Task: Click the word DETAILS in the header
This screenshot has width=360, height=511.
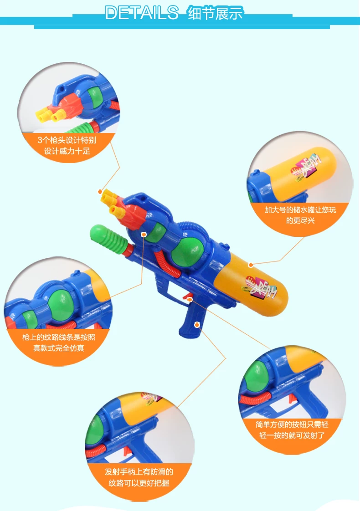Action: pos(142,13)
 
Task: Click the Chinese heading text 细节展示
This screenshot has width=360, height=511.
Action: pos(216,13)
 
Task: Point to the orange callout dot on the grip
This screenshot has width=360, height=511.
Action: pos(196,325)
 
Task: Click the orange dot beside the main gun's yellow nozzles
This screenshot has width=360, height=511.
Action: pos(100,192)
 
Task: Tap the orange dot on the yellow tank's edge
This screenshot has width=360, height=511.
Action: pos(251,265)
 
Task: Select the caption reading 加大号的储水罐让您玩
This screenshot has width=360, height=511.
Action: pos(300,210)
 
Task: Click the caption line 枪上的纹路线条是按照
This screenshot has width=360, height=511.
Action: pos(59,337)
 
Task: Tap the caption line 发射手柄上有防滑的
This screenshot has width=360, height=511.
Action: pos(139,472)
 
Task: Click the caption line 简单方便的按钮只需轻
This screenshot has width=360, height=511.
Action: pos(292,424)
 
